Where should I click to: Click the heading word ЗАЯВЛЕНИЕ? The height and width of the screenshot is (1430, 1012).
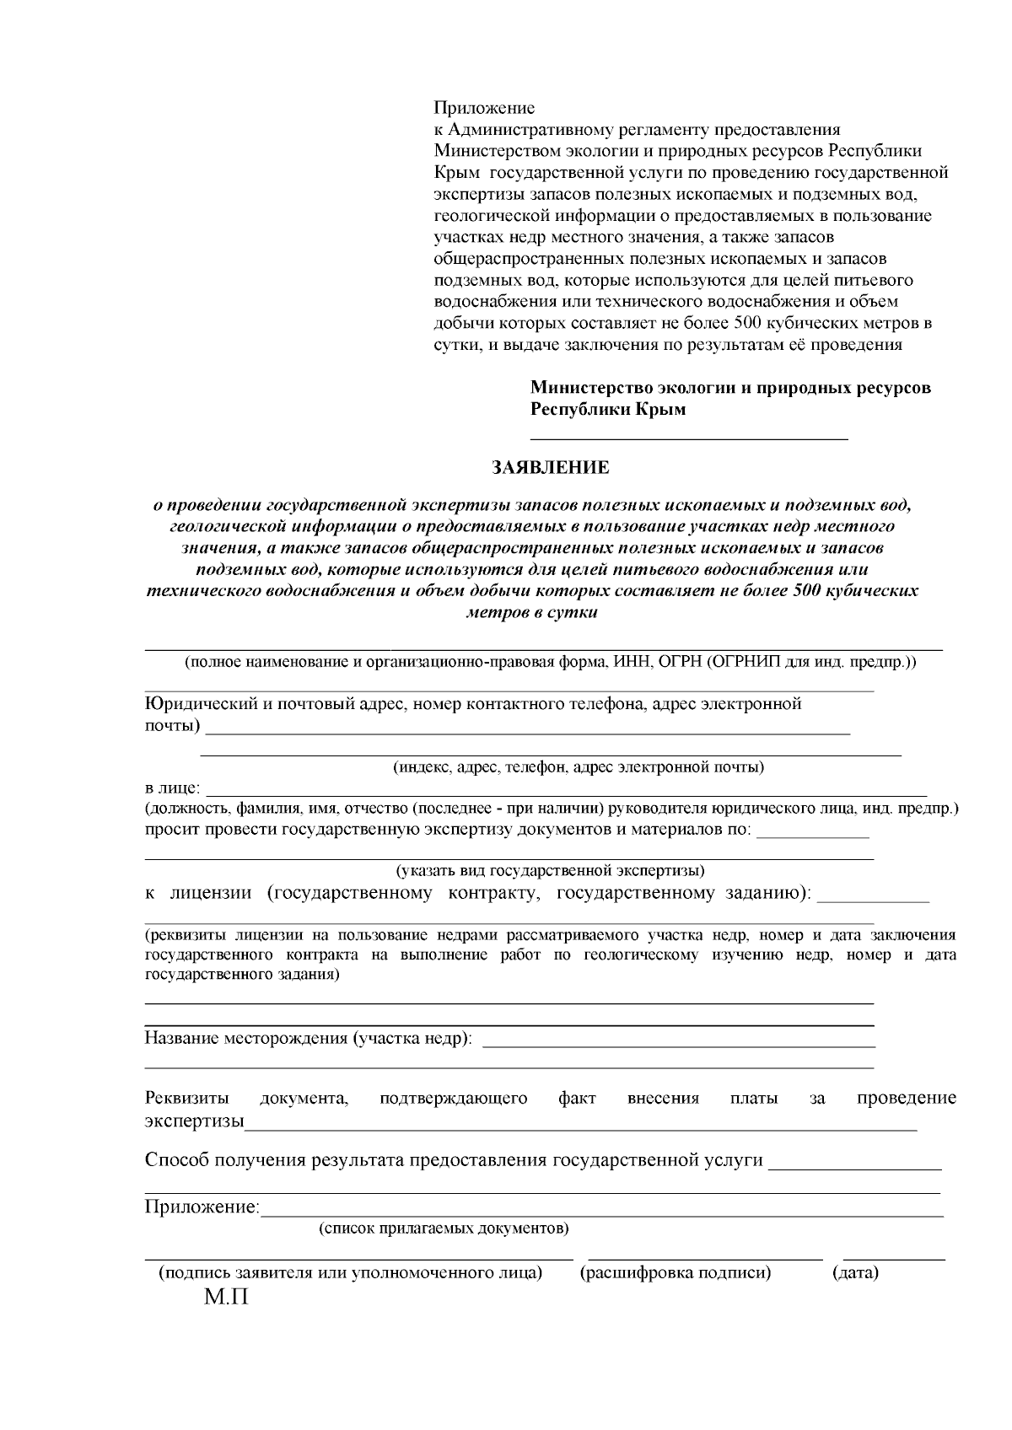point(550,467)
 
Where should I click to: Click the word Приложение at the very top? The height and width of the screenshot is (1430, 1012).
point(484,108)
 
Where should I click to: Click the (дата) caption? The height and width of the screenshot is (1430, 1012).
point(855,1272)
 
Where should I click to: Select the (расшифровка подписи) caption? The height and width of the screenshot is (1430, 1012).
point(676,1272)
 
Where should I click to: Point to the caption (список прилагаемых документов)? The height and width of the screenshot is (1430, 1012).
point(444,1228)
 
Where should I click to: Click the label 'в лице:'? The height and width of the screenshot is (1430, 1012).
point(172,788)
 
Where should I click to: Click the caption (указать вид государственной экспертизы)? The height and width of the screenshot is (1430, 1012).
point(550,869)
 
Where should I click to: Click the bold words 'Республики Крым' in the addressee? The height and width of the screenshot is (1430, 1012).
point(607,410)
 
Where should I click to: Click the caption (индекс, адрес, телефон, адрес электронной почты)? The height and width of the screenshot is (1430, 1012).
point(579,767)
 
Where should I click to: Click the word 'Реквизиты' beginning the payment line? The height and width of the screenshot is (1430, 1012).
point(186,1098)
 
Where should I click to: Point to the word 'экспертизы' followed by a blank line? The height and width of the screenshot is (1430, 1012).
point(194,1122)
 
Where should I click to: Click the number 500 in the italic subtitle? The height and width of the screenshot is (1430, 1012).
point(806,590)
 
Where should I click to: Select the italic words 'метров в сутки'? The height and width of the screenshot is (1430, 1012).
point(531,612)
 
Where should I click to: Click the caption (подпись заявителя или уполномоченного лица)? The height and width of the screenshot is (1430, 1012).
point(351,1272)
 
